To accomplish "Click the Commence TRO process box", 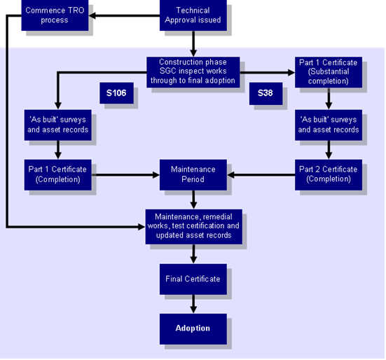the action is [55, 15].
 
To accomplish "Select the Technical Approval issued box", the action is [193, 15].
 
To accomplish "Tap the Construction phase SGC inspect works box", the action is [193, 72].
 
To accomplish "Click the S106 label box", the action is [117, 93].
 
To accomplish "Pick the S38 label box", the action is [266, 94].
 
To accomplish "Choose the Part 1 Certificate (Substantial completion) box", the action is [329, 72].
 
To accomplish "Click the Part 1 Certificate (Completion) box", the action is [58, 174].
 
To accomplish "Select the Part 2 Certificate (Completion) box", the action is [329, 174].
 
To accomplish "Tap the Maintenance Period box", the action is [193, 174].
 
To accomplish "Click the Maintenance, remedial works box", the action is [194, 227].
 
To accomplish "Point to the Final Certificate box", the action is [193, 279].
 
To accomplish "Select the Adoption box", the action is [193, 329].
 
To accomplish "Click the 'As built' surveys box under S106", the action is [58, 125].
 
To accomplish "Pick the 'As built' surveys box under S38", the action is [329, 125].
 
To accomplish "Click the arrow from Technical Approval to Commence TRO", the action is [124, 15].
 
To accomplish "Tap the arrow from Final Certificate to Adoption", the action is [193, 304].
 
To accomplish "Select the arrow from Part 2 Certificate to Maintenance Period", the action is [261, 175].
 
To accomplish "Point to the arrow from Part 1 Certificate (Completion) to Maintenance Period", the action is [125, 175].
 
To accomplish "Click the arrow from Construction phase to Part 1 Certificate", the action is [268, 72].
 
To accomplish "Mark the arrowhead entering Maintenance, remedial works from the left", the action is [142, 227].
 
